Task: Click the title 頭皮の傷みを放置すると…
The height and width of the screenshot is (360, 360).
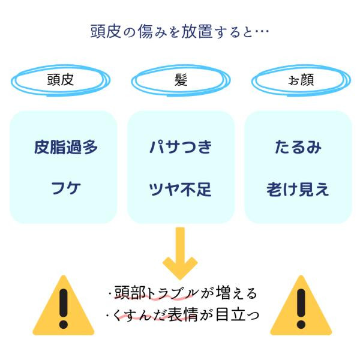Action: pyautogui.click(x=179, y=30)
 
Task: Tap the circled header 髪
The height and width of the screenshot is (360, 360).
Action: pyautogui.click(x=179, y=80)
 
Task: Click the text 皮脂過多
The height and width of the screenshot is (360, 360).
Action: pyautogui.click(x=65, y=147)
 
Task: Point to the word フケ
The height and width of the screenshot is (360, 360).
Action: pyautogui.click(x=65, y=190)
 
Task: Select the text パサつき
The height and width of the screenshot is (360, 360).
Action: pyautogui.click(x=181, y=147)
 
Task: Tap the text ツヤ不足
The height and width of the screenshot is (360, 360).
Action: pyautogui.click(x=181, y=190)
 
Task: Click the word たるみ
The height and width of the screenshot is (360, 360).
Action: pyautogui.click(x=298, y=147)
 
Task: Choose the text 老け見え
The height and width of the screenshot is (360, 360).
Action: pyautogui.click(x=298, y=190)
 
